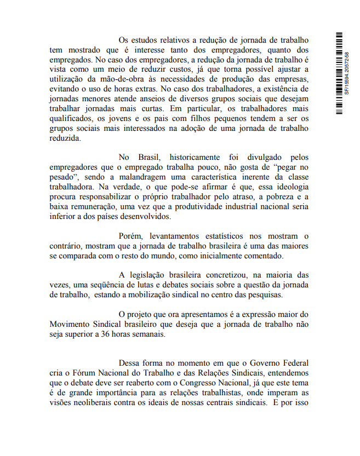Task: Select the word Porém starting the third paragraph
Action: tap(130, 235)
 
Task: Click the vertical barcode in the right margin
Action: tap(340, 74)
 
